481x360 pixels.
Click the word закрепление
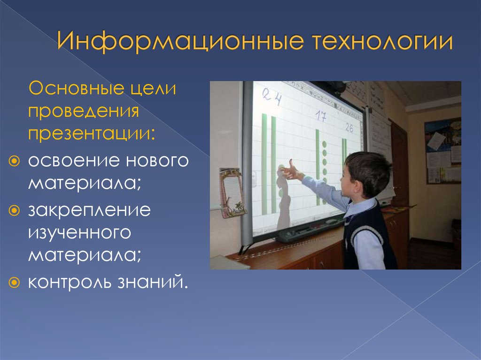tap(89, 211)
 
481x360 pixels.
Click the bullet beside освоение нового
tap(14, 161)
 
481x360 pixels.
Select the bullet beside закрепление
tap(14, 211)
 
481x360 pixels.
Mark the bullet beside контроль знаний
tap(14, 283)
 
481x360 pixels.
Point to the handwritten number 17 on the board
tap(320, 116)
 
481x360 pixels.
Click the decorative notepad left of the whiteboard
tap(232, 192)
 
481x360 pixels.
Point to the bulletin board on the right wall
tap(443, 151)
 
